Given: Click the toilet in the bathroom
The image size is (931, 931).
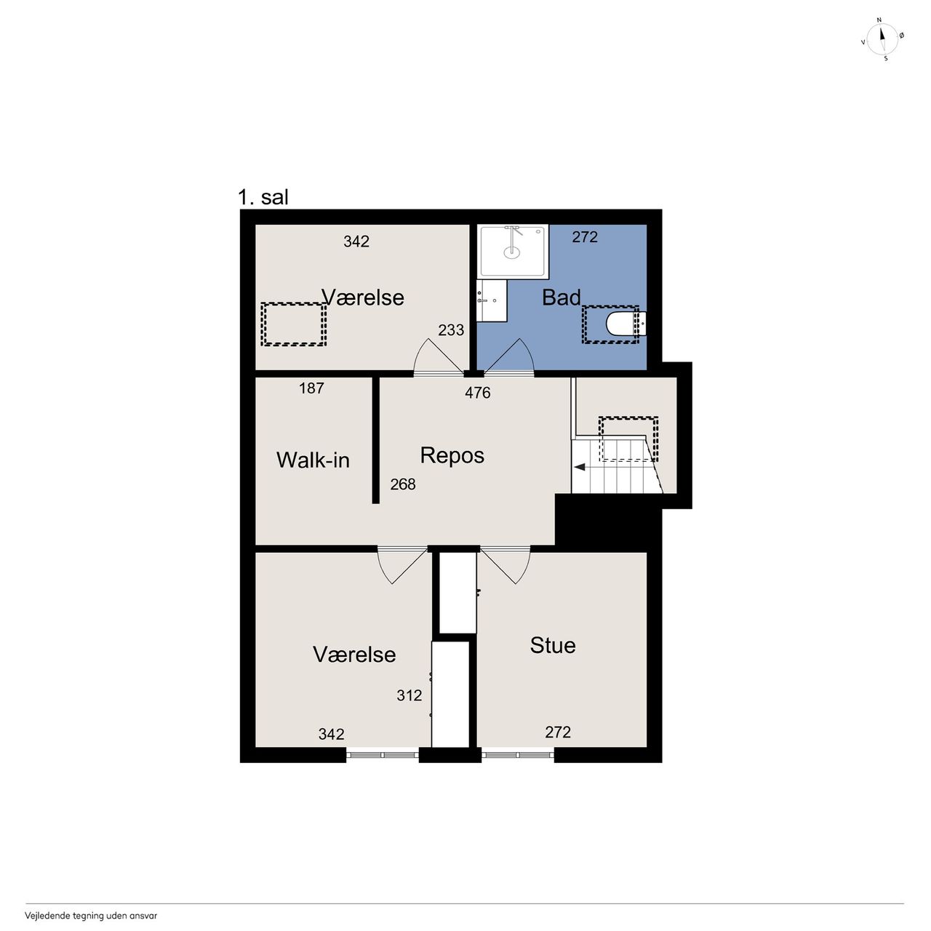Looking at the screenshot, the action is [x=626, y=324].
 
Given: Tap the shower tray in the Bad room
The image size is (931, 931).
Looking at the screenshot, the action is [x=513, y=251].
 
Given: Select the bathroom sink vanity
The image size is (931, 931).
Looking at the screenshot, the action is [x=492, y=300].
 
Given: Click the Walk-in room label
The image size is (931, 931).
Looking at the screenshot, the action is [x=313, y=460].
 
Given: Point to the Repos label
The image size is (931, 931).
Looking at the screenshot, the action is [x=452, y=455].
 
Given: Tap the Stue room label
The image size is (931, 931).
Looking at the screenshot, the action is [x=553, y=645].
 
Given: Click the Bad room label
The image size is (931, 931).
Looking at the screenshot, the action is [x=561, y=297].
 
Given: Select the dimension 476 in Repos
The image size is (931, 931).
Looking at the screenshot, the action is [x=477, y=393].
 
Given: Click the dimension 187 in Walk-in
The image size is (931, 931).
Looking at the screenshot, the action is [x=311, y=388].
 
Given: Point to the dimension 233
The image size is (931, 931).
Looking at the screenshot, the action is [x=451, y=330].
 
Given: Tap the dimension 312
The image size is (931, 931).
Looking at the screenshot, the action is [x=409, y=695].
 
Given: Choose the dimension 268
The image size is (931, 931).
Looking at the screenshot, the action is [x=402, y=484].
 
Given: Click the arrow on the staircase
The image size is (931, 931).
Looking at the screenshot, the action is [x=579, y=467].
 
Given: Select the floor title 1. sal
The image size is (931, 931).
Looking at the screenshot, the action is [x=263, y=197].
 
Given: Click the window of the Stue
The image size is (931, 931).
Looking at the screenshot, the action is [x=517, y=755].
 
